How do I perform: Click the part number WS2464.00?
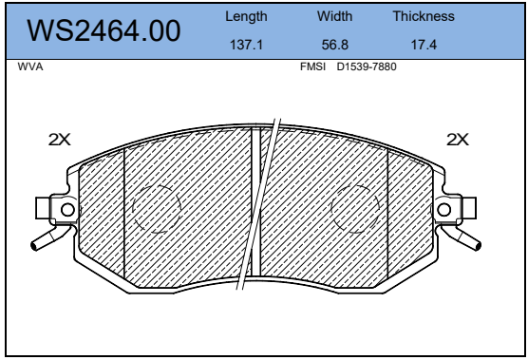[x=104, y=30]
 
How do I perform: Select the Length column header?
[x=246, y=16]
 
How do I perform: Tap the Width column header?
[x=334, y=16]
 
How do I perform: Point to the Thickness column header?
[x=424, y=16]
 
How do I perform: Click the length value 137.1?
[x=246, y=45]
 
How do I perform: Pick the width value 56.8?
[x=334, y=45]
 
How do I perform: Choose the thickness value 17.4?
[x=424, y=45]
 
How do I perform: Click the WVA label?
[x=30, y=66]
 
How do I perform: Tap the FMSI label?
[x=312, y=66]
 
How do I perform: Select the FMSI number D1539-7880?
[x=367, y=66]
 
